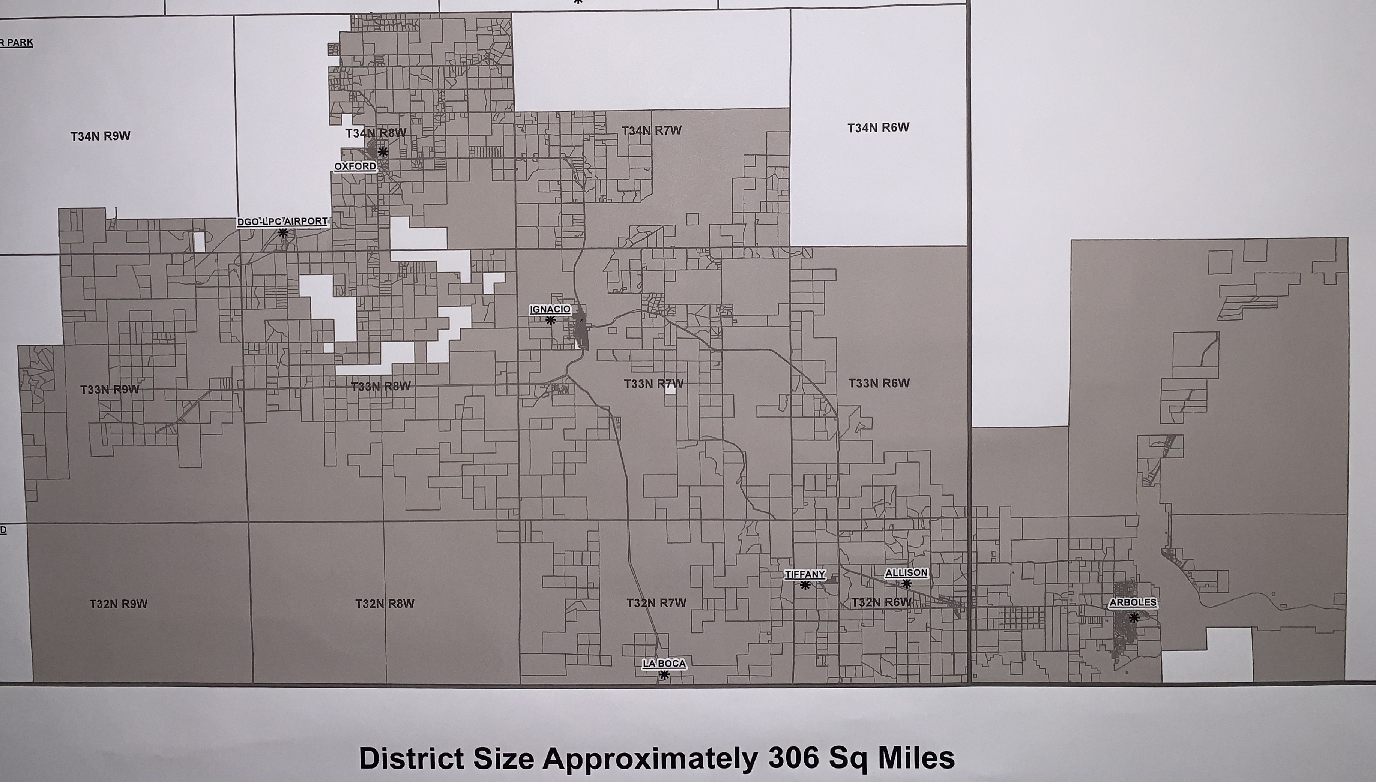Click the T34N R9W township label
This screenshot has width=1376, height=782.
pyautogui.click(x=101, y=136)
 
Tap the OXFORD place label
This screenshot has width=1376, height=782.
pyautogui.click(x=355, y=166)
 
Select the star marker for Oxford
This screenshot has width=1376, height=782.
pyautogui.click(x=383, y=151)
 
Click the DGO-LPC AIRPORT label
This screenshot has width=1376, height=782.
pyautogui.click(x=282, y=221)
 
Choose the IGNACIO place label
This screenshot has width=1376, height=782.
pyautogui.click(x=550, y=309)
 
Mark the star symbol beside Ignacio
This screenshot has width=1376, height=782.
pyautogui.click(x=550, y=321)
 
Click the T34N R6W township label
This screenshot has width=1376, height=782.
pyautogui.click(x=878, y=128)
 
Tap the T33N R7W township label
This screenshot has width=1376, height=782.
pyautogui.click(x=653, y=384)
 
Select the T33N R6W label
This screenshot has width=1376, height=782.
pyautogui.click(x=879, y=383)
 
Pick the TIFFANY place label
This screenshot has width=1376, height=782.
pyautogui.click(x=804, y=575)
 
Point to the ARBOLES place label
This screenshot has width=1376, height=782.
pyautogui.click(x=1133, y=602)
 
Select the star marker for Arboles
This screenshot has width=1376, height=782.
pyautogui.click(x=1134, y=618)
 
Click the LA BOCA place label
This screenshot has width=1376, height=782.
pyautogui.click(x=664, y=664)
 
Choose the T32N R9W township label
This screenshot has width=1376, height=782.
pyautogui.click(x=118, y=604)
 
